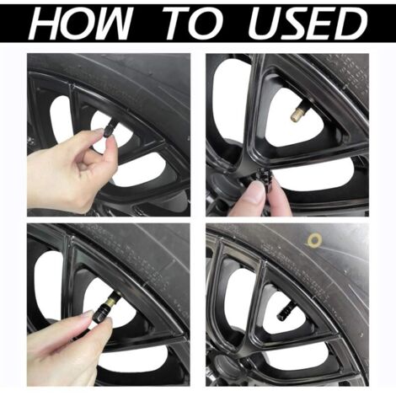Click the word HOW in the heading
pyautogui.click(x=83, y=23)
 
